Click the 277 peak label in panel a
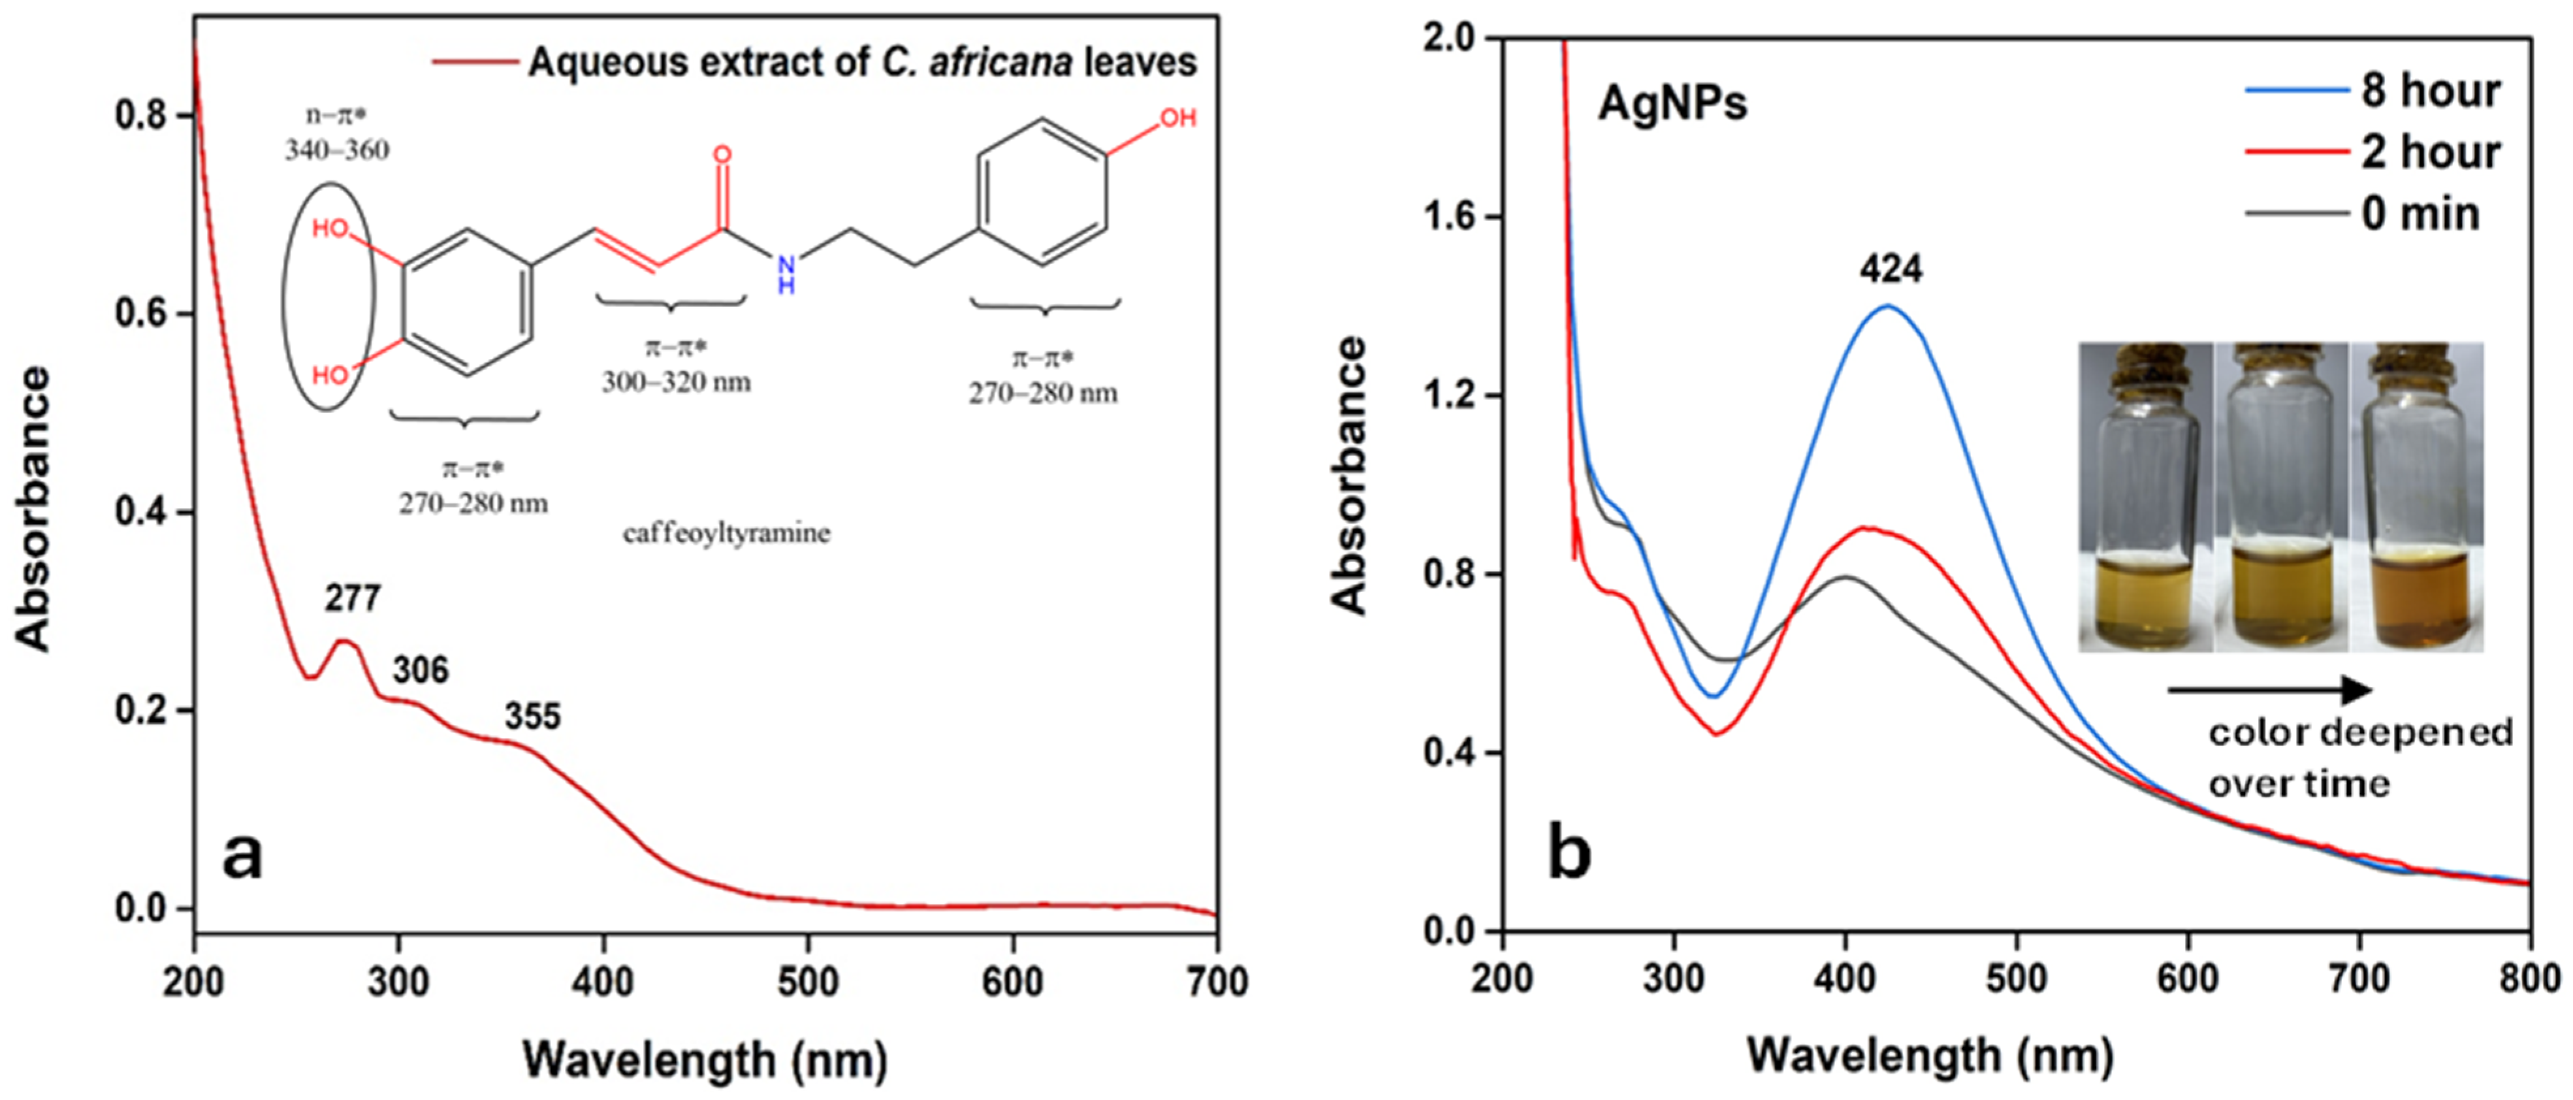pos(353,598)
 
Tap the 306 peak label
pos(421,670)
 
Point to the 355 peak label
pos(532,717)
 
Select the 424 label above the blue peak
pos(1890,268)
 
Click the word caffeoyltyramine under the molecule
pos(726,534)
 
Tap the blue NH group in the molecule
pos(786,275)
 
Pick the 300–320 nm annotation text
pos(676,381)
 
